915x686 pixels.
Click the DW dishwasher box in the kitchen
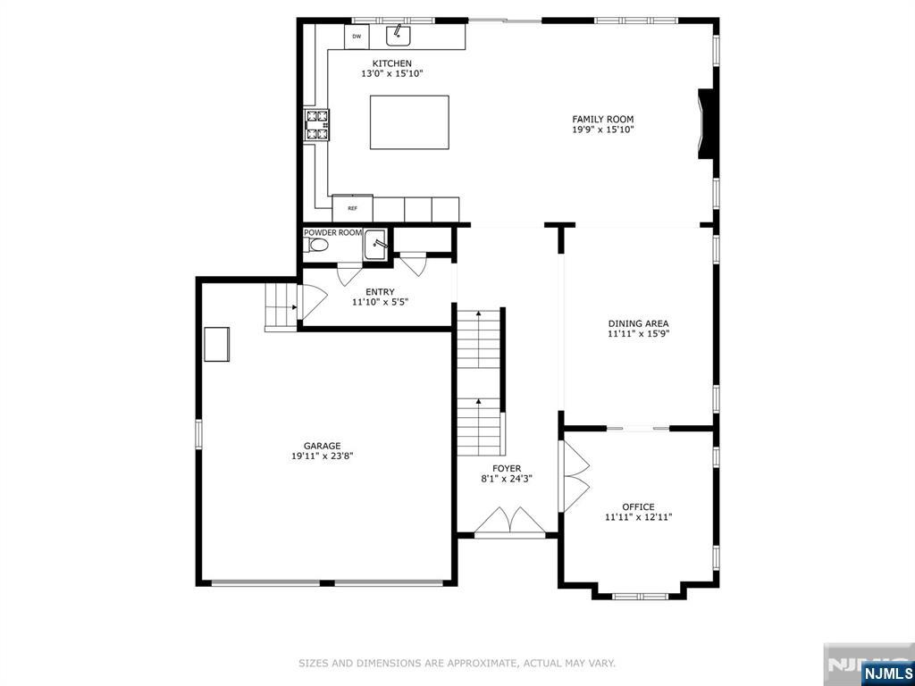357,37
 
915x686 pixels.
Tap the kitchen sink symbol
398,36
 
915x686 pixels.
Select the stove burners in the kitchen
317,125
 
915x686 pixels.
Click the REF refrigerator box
352,208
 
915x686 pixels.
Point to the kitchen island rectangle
409,122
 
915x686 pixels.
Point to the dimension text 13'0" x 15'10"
391,74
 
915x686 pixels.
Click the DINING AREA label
638,324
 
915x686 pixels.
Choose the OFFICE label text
638,506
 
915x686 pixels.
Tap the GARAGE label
322,446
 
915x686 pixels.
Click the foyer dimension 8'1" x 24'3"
507,479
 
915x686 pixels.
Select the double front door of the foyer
509,523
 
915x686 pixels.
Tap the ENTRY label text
380,292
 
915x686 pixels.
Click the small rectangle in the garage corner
216,344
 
